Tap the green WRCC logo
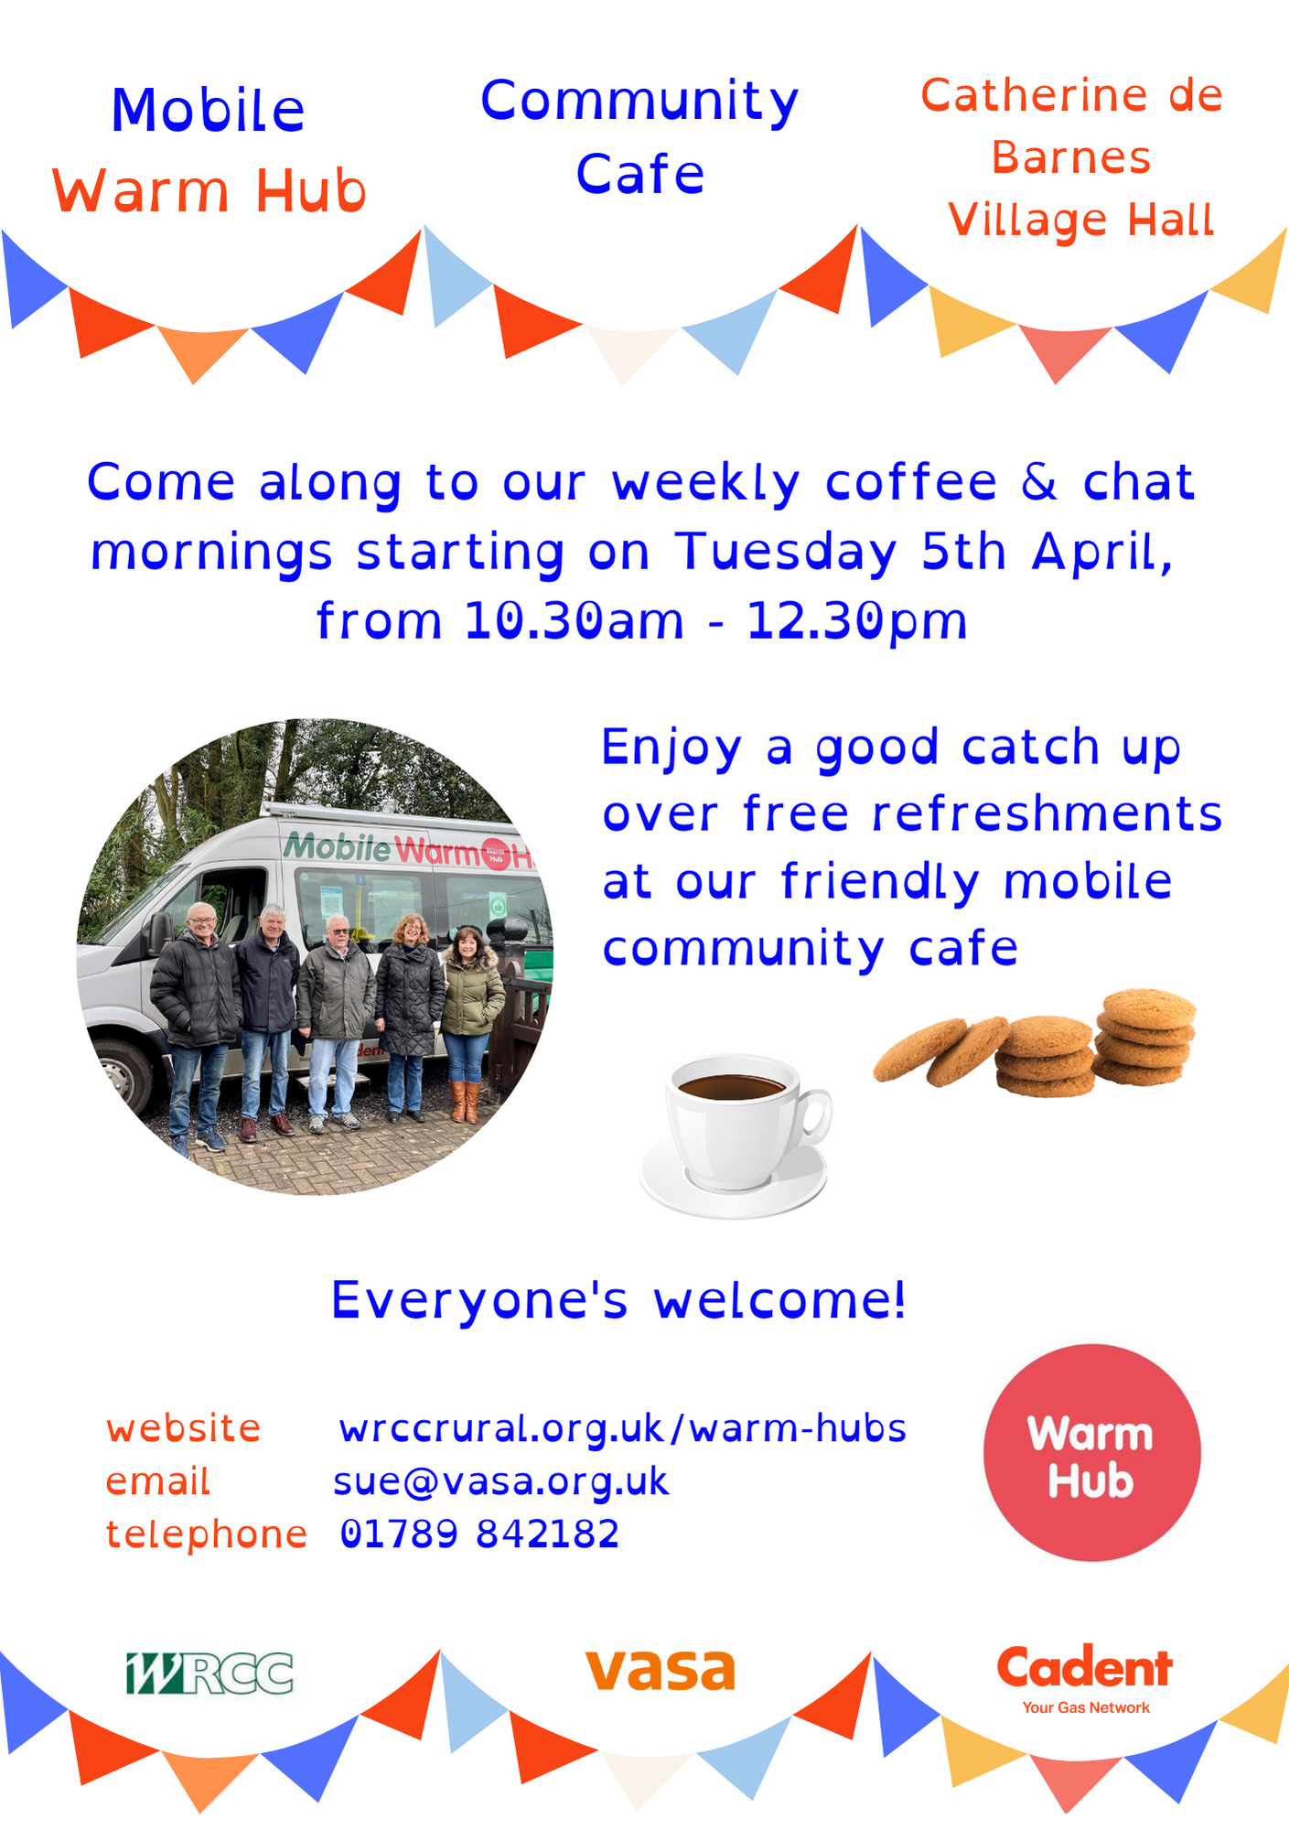(209, 1674)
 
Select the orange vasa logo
(660, 1670)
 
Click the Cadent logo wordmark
(1085, 1667)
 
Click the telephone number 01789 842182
(479, 1534)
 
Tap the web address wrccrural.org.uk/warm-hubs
(622, 1429)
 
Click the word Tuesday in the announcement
(786, 552)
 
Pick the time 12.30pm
(856, 621)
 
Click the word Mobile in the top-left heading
(208, 111)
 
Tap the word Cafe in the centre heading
(640, 174)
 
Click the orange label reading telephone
(207, 1534)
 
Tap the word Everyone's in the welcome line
(479, 1300)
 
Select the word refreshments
(1047, 813)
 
